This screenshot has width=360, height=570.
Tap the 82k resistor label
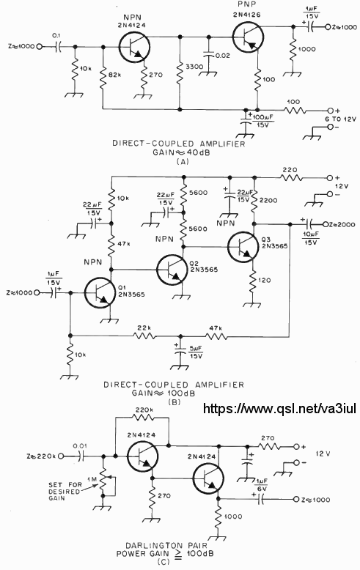click(x=114, y=75)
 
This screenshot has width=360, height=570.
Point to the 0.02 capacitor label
click(x=223, y=56)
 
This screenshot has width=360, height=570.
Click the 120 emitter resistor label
click(x=265, y=281)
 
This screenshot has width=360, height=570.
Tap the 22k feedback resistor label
click(x=144, y=328)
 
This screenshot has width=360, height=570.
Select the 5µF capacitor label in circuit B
click(x=195, y=352)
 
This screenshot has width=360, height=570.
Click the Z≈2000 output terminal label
click(x=342, y=224)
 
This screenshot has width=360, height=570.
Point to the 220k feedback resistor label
click(x=144, y=410)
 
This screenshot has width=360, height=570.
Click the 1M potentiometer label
click(x=92, y=479)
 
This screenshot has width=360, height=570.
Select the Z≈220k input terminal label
click(x=41, y=456)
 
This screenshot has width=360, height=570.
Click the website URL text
click(x=279, y=408)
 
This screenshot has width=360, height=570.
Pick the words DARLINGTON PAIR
click(x=166, y=545)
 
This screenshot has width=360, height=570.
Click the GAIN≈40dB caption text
click(x=181, y=152)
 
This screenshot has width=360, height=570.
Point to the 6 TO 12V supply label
click(x=340, y=119)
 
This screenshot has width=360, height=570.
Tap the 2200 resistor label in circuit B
click(x=268, y=200)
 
